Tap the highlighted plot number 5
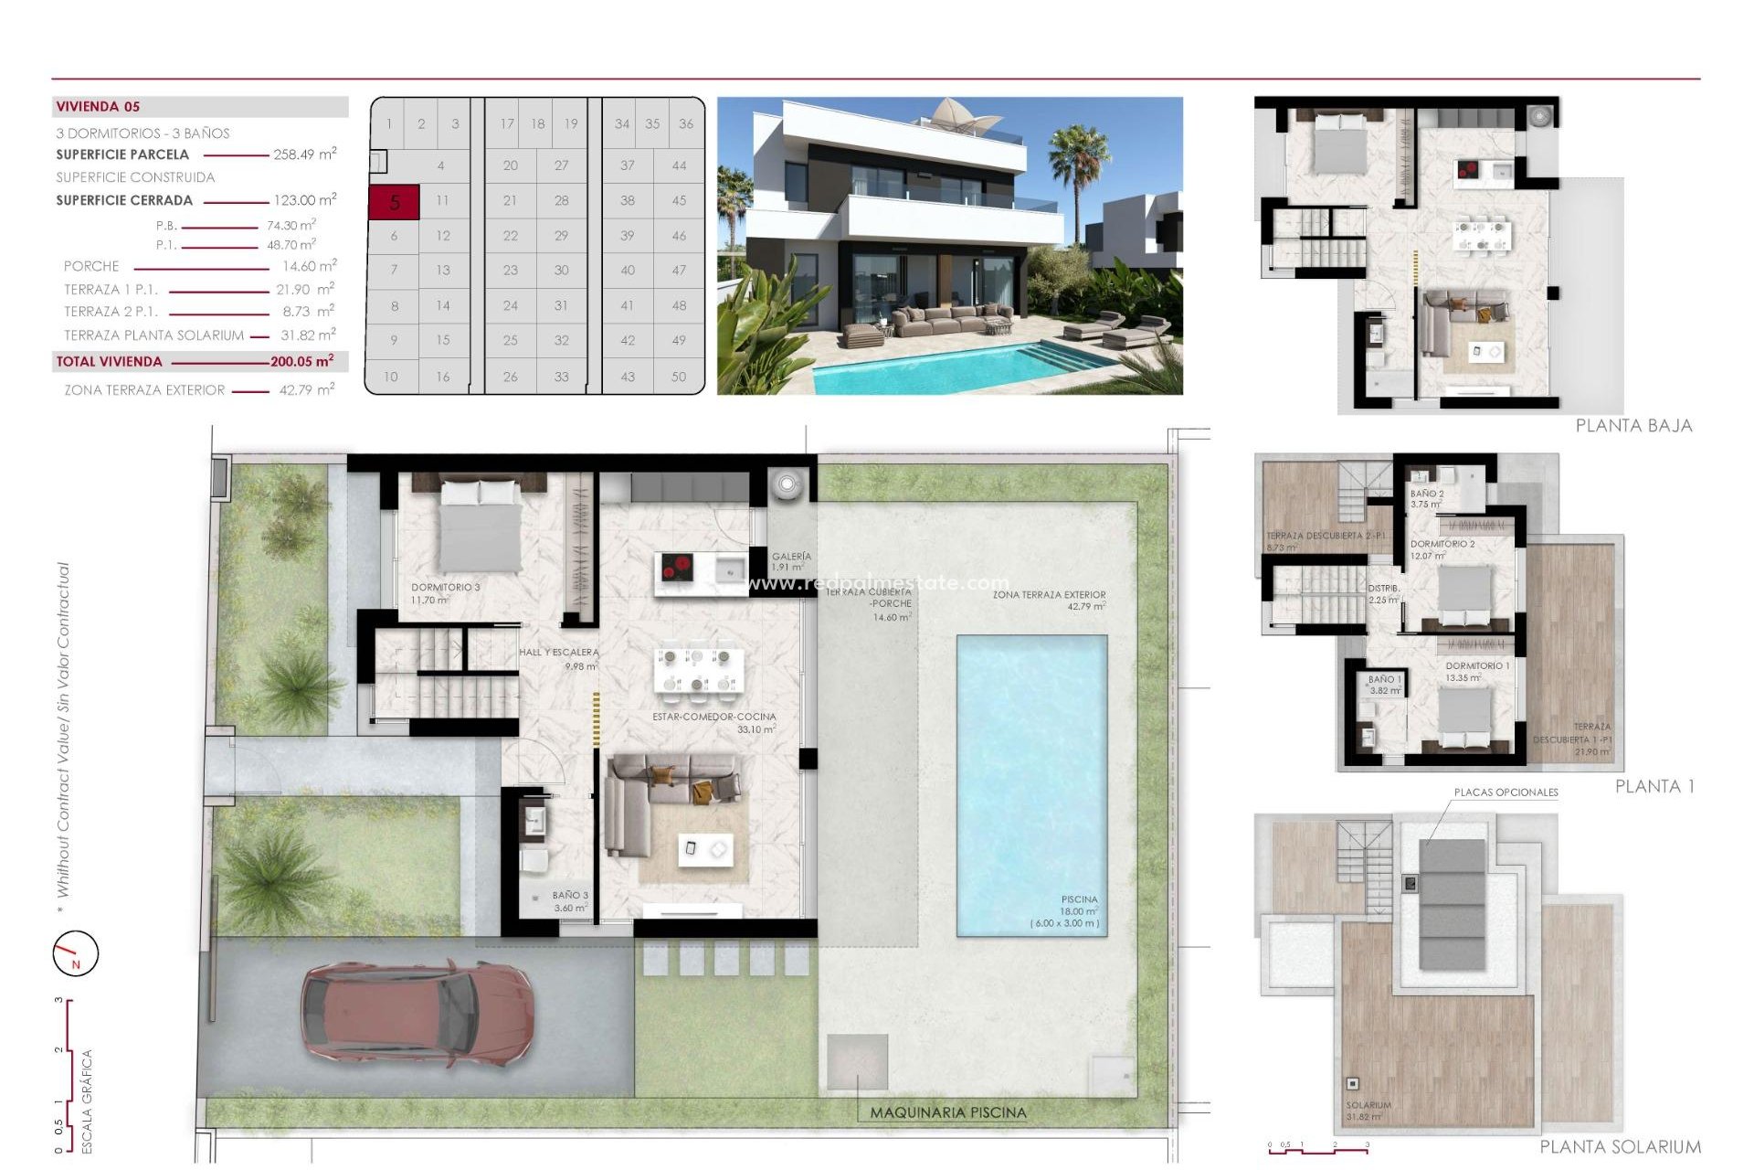394,202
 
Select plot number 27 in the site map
561,165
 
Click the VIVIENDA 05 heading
98,107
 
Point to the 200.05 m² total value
301,362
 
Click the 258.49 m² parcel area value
304,154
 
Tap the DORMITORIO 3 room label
445,588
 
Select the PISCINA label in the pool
1079,899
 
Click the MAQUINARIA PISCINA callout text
947,1112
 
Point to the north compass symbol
75,953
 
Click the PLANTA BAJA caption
1633,426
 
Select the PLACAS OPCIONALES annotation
1506,792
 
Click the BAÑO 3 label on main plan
570,896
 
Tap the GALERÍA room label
791,556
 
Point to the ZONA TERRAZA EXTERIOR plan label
1049,594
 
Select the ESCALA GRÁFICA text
88,1101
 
